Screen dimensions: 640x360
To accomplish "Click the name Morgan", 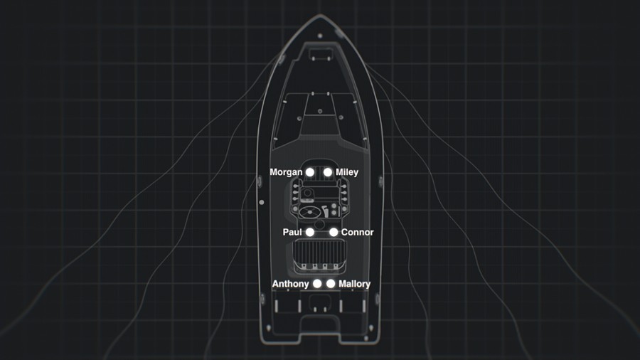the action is click(286, 172).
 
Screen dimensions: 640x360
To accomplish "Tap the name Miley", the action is click(347, 172).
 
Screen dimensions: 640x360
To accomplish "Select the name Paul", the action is click(292, 232).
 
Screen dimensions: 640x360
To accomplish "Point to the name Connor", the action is click(358, 232).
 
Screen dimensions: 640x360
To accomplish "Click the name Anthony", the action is click(291, 284).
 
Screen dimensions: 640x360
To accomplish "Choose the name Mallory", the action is click(355, 284).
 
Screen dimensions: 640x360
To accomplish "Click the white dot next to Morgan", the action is click(310, 172).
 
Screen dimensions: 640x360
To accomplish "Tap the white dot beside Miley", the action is click(328, 172).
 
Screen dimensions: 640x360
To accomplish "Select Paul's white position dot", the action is click(310, 232).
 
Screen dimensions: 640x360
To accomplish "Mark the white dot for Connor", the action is click(334, 232).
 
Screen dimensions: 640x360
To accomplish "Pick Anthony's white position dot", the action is click(317, 283).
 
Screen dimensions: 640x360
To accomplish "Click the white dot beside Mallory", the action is click(331, 283).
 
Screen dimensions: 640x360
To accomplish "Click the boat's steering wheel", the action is click(310, 212).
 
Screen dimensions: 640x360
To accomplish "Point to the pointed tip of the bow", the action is click(320, 15).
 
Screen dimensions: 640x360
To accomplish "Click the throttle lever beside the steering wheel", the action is click(325, 211).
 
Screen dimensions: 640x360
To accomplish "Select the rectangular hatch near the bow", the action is click(321, 54).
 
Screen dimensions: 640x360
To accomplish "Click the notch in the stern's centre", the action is click(319, 322).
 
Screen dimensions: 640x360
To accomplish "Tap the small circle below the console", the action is click(319, 225).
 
